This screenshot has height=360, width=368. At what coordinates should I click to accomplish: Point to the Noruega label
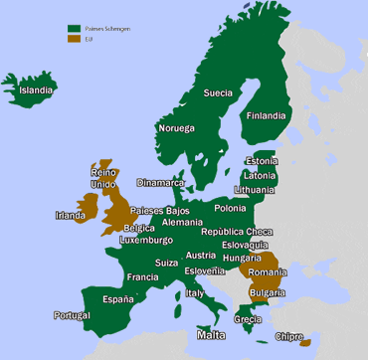click(x=176, y=128)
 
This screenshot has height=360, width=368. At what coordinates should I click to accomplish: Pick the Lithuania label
click(x=256, y=189)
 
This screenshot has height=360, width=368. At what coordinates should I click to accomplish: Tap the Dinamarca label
click(x=161, y=183)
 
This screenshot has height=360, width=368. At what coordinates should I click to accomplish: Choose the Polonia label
click(x=230, y=208)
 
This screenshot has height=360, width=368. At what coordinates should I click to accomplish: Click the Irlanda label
click(x=71, y=214)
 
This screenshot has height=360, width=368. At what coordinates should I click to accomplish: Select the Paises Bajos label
click(x=159, y=211)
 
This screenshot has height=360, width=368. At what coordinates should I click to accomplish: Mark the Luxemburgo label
click(x=145, y=240)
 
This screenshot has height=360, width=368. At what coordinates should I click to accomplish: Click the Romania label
click(x=268, y=271)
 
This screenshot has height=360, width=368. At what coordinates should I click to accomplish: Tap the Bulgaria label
click(x=267, y=292)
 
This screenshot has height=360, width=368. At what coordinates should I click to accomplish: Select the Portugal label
click(x=72, y=315)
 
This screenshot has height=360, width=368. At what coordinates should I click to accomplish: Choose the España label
click(x=117, y=298)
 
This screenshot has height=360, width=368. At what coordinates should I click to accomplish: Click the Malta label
click(x=211, y=335)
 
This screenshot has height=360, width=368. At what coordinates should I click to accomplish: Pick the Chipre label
click(x=288, y=336)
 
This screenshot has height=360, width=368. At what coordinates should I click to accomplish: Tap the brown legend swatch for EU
click(x=74, y=40)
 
